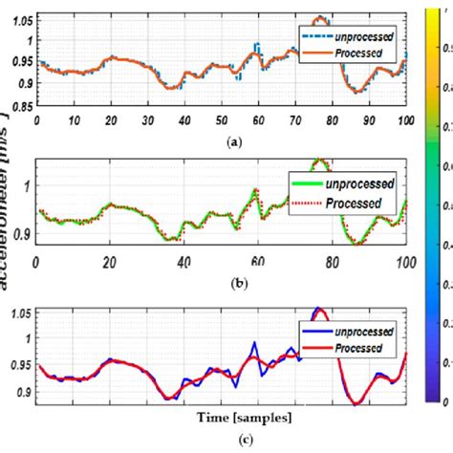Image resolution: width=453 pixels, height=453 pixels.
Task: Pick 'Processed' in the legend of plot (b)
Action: point(355,203)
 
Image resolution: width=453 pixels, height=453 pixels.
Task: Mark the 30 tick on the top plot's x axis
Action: point(147,120)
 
